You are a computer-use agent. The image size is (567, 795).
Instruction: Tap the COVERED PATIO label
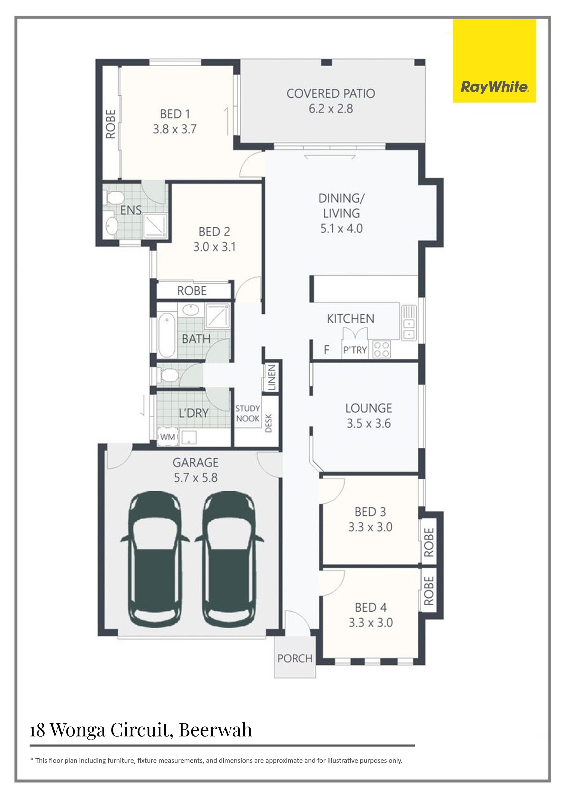[331, 93]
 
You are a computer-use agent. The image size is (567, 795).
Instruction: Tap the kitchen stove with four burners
[381, 349]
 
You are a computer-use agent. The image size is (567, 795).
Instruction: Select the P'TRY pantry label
[355, 350]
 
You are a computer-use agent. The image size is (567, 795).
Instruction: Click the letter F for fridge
[326, 350]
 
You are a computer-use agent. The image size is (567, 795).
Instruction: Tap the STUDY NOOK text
[248, 413]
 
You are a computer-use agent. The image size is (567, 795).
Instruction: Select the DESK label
[269, 423]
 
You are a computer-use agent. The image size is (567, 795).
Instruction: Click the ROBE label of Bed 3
[429, 542]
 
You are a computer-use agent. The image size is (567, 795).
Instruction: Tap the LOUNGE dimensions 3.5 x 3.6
[369, 423]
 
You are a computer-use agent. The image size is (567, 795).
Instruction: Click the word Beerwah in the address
[215, 730]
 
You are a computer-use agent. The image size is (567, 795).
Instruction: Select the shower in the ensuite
[155, 226]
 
